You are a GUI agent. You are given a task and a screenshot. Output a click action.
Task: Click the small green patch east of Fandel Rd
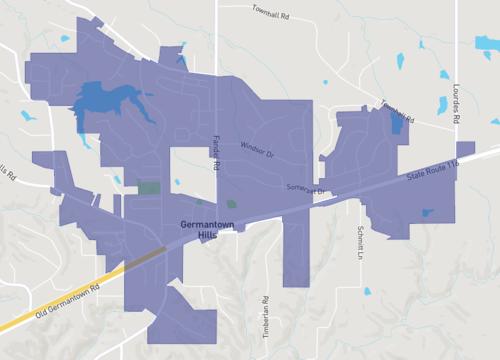point(232,203)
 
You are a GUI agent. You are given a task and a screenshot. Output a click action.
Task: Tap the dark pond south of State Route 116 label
point(428,212)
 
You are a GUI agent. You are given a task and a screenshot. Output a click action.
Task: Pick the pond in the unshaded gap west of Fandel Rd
point(177,182)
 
